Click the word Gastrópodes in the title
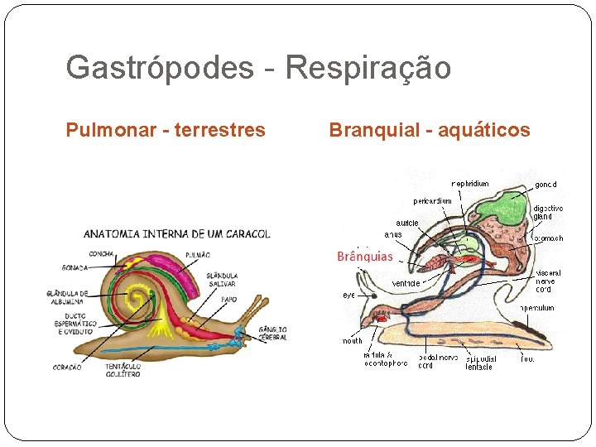pyautogui.click(x=159, y=67)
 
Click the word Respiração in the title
pyautogui.click(x=368, y=67)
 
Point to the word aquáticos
pyautogui.click(x=484, y=130)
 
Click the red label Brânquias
pyautogui.click(x=365, y=257)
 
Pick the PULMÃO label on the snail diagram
pyautogui.click(x=199, y=256)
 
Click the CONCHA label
pyautogui.click(x=101, y=253)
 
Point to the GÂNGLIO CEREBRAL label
pyautogui.click(x=273, y=334)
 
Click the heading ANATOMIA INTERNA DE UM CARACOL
pyautogui.click(x=176, y=234)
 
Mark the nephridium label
pyautogui.click(x=469, y=183)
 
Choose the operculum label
pyautogui.click(x=537, y=308)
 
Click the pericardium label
pyautogui.click(x=433, y=200)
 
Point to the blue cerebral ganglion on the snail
pyautogui.click(x=240, y=335)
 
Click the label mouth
pyautogui.click(x=353, y=340)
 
